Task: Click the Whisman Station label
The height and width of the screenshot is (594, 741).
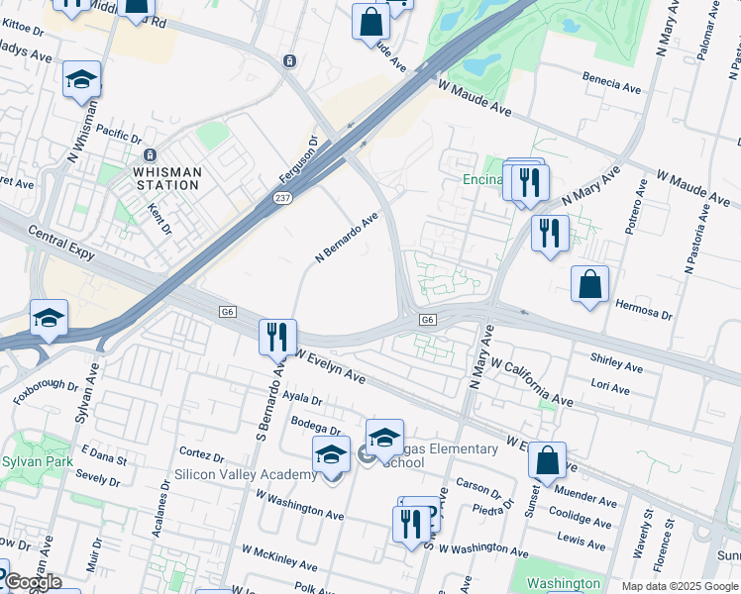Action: coord(166,179)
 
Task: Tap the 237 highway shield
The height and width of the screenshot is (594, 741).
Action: coord(281,199)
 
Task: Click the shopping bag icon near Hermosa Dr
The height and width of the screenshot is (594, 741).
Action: coord(589,284)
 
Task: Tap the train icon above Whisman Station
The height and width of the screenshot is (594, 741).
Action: coord(151,155)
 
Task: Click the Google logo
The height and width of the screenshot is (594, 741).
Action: coord(33,582)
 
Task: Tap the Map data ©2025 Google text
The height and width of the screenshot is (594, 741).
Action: coord(680,586)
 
